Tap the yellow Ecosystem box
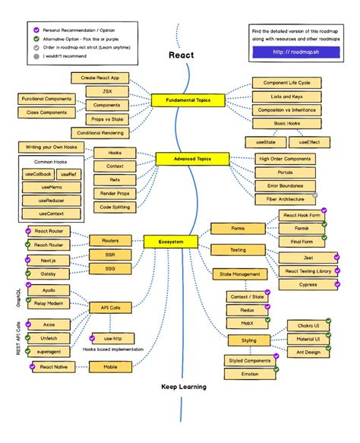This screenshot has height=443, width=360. [x=171, y=242]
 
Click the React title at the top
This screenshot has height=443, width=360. [x=182, y=55]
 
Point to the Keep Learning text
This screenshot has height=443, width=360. [x=184, y=386]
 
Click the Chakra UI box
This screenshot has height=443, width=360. [x=308, y=326]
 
